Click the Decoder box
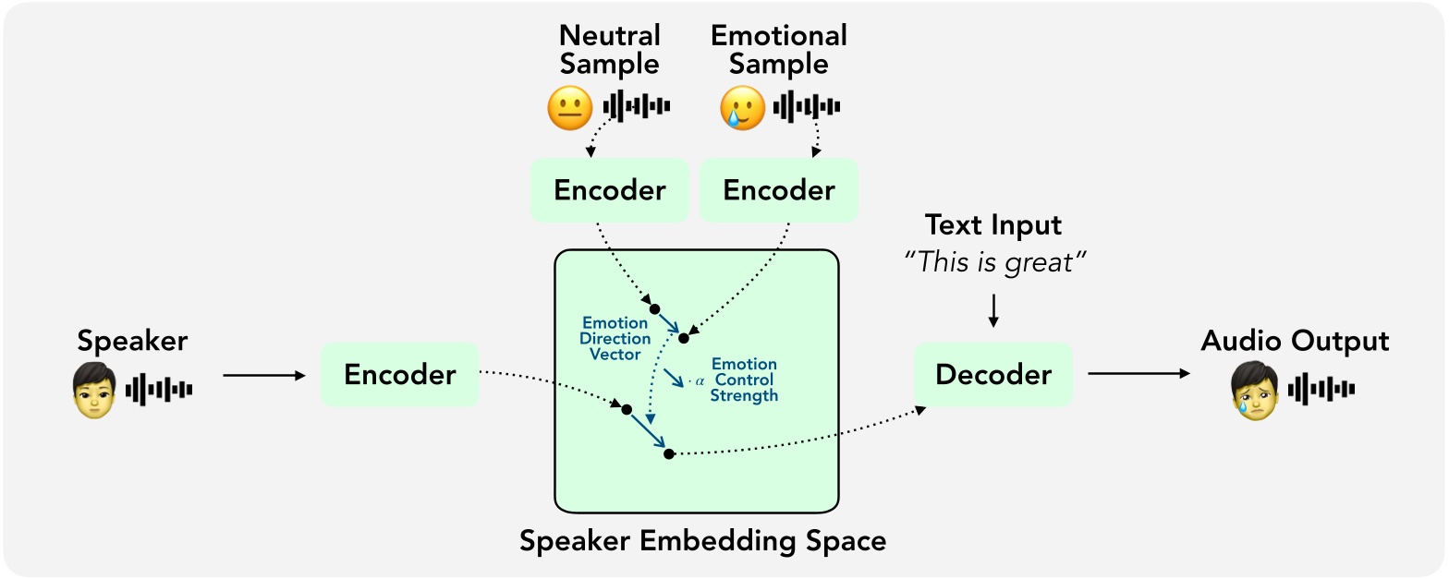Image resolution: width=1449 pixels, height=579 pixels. tap(993, 375)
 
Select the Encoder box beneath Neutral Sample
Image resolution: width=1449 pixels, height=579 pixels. tap(609, 190)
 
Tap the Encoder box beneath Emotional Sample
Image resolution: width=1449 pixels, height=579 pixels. tap(778, 190)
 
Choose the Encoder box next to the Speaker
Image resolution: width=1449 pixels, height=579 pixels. tap(399, 375)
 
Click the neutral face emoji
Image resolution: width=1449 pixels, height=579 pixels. tap(569, 108)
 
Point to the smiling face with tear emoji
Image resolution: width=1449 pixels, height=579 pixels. tap(742, 108)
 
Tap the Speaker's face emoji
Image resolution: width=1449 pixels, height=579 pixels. tap(94, 390)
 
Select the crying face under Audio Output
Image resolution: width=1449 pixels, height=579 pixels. tap(1255, 390)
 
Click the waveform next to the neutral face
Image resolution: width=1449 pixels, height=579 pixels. tap(636, 107)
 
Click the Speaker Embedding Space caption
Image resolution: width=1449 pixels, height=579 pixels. tap(702, 540)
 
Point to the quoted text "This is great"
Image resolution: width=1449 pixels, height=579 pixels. tap(993, 262)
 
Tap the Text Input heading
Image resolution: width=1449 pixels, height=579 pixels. tap(993, 225)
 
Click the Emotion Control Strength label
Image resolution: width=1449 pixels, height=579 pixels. tap(744, 380)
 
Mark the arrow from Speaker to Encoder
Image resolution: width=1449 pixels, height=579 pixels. tap(263, 375)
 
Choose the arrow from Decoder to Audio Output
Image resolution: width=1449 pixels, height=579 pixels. tap(1138, 374)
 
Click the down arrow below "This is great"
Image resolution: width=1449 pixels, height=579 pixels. tap(993, 309)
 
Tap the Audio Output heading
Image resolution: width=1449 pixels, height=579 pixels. tap(1295, 341)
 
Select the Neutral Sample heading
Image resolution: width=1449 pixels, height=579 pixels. tap(610, 50)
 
